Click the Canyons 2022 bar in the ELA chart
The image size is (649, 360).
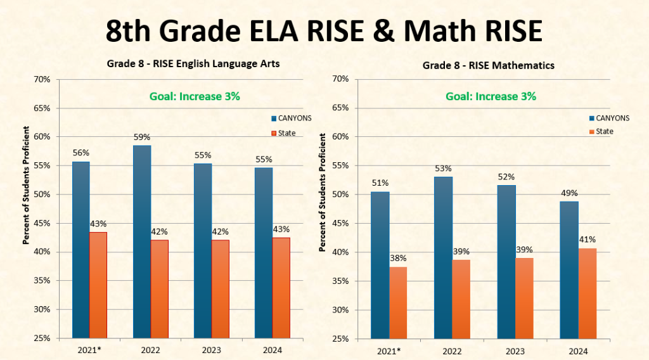click(142, 241)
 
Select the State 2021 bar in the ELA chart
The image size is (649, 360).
click(98, 285)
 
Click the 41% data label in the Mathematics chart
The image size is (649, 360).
click(588, 239)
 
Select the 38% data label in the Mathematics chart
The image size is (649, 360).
click(398, 258)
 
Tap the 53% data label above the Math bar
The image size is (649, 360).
click(443, 168)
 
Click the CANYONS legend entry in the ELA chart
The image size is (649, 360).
click(291, 118)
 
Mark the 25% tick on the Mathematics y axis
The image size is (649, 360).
click(340, 338)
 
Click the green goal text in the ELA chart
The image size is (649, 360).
click(195, 96)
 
